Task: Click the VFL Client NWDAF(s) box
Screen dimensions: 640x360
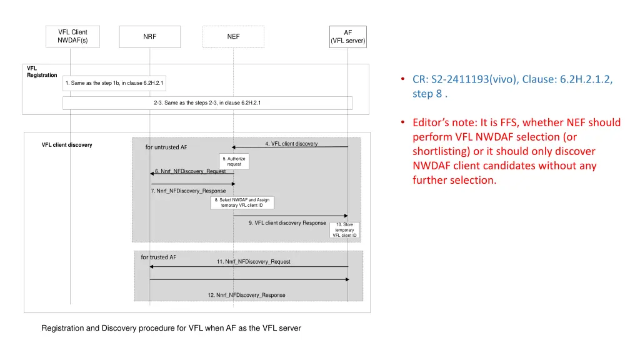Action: (72, 36)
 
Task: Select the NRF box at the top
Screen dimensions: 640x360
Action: (150, 37)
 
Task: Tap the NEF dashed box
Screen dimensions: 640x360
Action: (234, 37)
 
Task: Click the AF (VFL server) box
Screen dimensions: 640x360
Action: (347, 37)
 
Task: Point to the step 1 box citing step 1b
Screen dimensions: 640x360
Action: (114, 83)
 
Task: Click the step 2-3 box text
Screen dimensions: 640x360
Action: (207, 103)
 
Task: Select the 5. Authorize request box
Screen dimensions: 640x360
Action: (234, 161)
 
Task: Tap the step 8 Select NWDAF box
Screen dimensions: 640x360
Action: (242, 202)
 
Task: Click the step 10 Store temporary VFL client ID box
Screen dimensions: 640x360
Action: (344, 230)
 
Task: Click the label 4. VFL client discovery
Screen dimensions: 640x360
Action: (291, 144)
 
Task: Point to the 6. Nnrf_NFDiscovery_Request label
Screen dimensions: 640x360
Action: (190, 171)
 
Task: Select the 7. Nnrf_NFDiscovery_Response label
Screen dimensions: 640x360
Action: (188, 191)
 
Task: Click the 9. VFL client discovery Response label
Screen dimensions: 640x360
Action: (287, 223)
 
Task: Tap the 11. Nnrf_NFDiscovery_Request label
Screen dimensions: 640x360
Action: (254, 262)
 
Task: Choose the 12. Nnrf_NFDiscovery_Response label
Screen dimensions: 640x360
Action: (246, 295)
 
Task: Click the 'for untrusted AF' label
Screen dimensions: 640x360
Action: (166, 147)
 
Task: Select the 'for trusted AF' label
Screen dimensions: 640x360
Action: (158, 257)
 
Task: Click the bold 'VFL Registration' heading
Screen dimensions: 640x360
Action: (42, 72)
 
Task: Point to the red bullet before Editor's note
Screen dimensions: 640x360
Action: (403, 122)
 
